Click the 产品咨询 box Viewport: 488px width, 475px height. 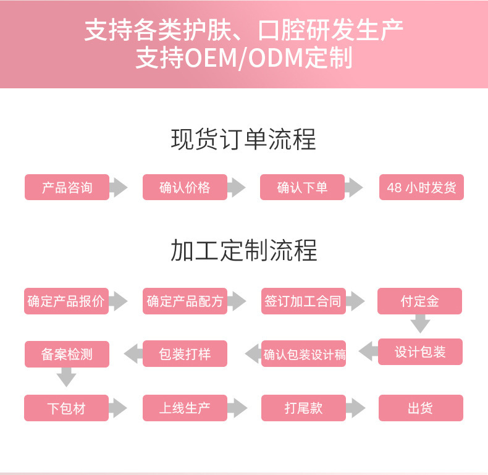tap(67, 187)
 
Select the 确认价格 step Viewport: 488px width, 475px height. tap(185, 187)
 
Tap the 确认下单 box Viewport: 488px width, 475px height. tap(302, 187)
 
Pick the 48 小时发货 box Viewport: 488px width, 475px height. tap(421, 187)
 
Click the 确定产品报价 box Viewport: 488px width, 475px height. tap(67, 301)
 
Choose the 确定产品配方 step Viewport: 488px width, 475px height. tap(185, 301)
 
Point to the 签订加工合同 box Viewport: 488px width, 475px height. tap(303, 301)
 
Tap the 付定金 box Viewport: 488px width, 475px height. tap(420, 301)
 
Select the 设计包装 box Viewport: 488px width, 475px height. tap(420, 352)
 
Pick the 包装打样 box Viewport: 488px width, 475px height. tap(185, 354)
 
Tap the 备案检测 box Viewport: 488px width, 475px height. tap(67, 354)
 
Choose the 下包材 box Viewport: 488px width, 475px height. tap(67, 408)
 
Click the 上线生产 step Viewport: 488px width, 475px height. tap(185, 408)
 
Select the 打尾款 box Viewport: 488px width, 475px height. tap(303, 408)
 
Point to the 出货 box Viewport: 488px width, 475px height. tap(420, 408)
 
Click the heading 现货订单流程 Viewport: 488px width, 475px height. tap(243, 140)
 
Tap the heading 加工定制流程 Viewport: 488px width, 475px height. tap(243, 251)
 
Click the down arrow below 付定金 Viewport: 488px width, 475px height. tap(421, 324)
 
